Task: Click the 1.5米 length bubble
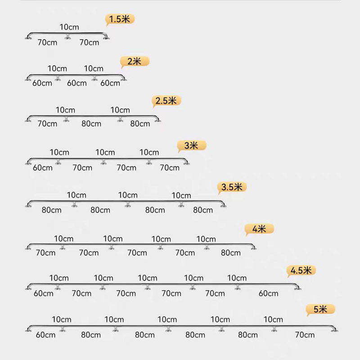(120, 19)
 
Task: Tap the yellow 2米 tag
(135, 61)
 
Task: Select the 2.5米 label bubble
(166, 101)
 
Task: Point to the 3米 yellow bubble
(192, 145)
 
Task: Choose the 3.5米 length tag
(232, 187)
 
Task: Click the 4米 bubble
(259, 229)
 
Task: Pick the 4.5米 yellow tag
(301, 270)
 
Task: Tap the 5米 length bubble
(320, 309)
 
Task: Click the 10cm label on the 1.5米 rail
(69, 27)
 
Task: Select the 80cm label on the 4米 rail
(231, 253)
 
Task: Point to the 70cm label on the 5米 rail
(305, 335)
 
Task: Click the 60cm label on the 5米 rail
(45, 335)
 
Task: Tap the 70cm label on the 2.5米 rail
(47, 124)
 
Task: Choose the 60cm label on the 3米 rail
(42, 168)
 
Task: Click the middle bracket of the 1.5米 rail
(68, 37)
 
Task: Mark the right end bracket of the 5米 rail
(334, 329)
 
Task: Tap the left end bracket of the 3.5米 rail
(28, 205)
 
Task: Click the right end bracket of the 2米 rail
(123, 79)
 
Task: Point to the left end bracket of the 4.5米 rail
(28, 288)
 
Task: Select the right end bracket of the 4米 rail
(253, 247)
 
